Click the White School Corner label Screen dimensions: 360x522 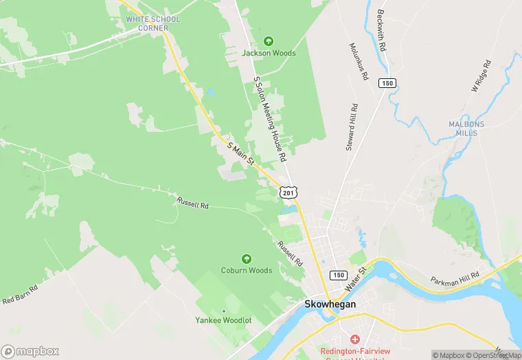pyautogui.click(x=152, y=23)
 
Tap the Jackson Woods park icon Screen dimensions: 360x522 pyautogui.click(x=269, y=41)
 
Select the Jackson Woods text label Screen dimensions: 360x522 pyautogui.click(x=269, y=53)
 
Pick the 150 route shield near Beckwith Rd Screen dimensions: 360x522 pyautogui.click(x=388, y=83)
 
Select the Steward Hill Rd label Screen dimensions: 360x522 pyautogui.click(x=352, y=127)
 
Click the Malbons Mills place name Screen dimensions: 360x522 pyautogui.click(x=466, y=129)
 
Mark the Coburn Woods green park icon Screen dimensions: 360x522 pyautogui.click(x=246, y=259)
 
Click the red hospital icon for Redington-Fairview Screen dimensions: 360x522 pyautogui.click(x=354, y=339)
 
